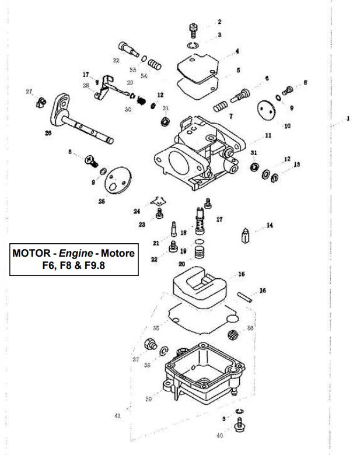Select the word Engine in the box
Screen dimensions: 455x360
(78, 253)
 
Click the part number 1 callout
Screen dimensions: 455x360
(348, 119)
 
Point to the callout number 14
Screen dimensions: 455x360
(269, 225)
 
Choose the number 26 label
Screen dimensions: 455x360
(48, 133)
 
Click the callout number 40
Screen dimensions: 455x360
(219, 435)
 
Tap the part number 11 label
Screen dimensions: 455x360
(268, 135)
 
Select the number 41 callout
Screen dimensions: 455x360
(117, 416)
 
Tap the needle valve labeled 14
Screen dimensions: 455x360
(246, 237)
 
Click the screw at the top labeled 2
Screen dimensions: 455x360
(195, 28)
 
